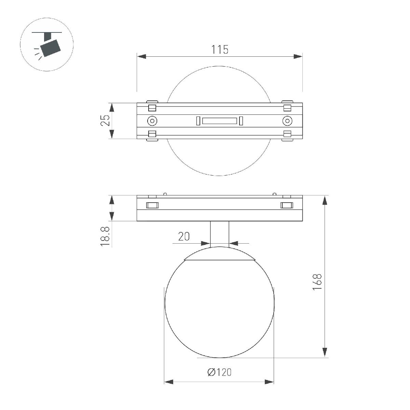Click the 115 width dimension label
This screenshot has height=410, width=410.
click(219, 50)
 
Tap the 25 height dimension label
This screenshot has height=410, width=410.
click(106, 121)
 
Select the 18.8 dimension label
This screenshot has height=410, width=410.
click(106, 237)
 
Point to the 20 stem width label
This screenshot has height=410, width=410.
click(184, 236)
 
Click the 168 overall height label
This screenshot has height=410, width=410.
click(317, 282)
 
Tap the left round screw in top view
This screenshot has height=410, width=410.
click(152, 121)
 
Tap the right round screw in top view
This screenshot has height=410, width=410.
click(287, 121)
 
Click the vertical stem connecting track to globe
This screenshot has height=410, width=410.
click(219, 234)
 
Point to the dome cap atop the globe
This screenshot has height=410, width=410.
click(219, 255)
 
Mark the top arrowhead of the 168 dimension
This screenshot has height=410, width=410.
click(325, 200)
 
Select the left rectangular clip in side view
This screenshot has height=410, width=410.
click(152, 205)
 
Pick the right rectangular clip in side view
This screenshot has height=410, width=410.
click(287, 205)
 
